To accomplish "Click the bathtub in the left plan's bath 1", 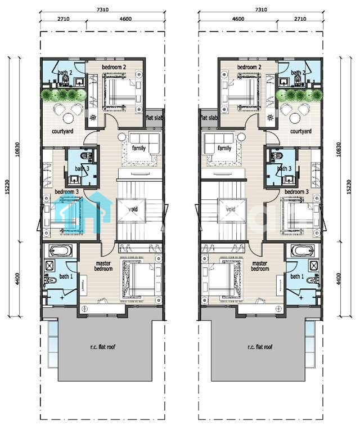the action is pos(60,250).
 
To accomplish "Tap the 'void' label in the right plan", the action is pos(231,209).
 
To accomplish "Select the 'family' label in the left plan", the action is pos(139,148).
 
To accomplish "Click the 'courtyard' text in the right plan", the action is pos(301,131).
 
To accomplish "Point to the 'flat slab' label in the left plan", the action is pos(154,118).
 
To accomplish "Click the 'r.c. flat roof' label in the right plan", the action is pos(260,347).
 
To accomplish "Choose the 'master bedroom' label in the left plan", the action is pos(103,266).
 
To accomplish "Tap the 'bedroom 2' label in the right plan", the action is pos(249,67).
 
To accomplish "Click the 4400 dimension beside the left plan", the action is pos(17,279).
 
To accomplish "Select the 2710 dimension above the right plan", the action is pos(300,19).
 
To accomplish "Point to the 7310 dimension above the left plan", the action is pos(103,10).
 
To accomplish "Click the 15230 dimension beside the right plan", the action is pos(349,186).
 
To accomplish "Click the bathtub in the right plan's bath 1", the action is pos(303,250).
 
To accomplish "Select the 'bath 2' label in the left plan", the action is pos(65,73).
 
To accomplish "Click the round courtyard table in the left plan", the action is pos(68,118).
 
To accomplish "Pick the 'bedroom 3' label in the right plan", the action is pos(296,191).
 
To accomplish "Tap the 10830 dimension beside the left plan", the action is pos(17,149).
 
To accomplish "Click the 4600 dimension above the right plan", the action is pos(238,19).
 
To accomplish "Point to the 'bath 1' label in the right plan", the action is pos(297,276).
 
